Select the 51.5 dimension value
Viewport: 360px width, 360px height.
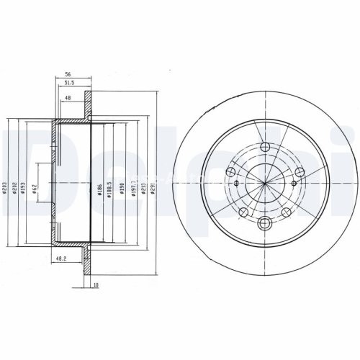coord(70,84)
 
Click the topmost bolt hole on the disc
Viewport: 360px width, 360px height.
coord(264,148)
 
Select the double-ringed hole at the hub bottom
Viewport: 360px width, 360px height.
coord(264,223)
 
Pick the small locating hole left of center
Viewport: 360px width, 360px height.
coord(231,172)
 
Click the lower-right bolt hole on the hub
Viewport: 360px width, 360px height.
coord(286,212)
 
